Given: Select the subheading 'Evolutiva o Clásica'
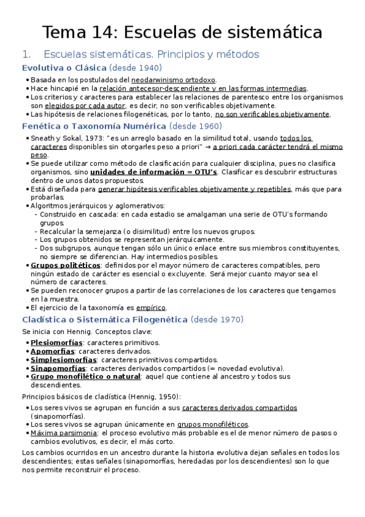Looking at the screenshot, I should [x=64, y=68].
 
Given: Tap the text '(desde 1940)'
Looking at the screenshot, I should [x=136, y=68].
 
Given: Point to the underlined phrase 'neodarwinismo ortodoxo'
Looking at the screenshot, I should [x=174, y=80].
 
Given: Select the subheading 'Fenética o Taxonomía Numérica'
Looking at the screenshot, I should [x=94, y=126].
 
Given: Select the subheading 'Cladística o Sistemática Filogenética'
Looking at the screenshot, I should [x=104, y=319].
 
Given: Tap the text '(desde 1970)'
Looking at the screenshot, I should [x=217, y=319].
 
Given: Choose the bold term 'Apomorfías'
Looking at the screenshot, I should [x=52, y=351].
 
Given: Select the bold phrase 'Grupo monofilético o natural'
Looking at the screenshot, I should [x=86, y=377].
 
